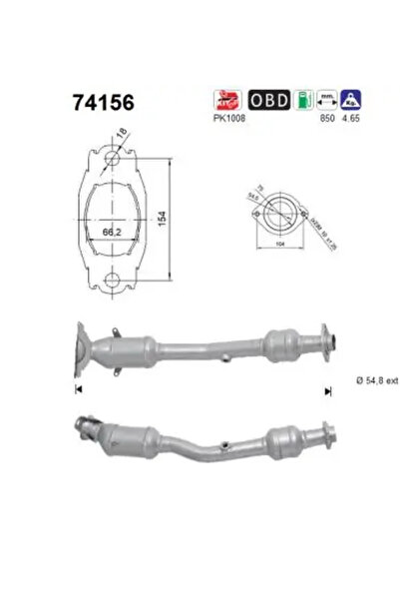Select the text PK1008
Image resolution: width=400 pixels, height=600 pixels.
click(x=230, y=117)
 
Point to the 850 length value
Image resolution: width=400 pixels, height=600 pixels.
click(x=324, y=117)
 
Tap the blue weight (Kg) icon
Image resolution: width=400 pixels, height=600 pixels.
click(x=349, y=99)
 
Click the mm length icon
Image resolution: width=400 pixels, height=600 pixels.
click(x=323, y=99)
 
